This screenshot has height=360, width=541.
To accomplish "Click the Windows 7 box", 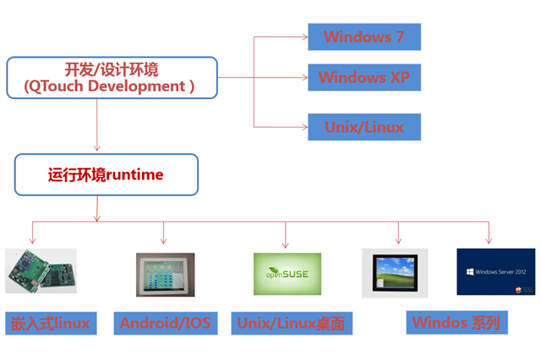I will (363, 36).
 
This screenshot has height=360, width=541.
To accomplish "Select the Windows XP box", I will (363, 78).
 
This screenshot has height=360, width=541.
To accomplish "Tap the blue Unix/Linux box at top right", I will (363, 128).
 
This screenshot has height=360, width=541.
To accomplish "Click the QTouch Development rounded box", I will (112, 77).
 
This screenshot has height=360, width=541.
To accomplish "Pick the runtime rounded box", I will (106, 174).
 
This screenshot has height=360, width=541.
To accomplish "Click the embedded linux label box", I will (50, 322).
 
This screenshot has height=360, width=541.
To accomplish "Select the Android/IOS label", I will (164, 322).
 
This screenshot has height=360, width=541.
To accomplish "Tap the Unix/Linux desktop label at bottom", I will (291, 323).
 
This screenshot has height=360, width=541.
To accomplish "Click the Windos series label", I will (456, 322).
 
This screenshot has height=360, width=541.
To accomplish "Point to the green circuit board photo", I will (41, 270).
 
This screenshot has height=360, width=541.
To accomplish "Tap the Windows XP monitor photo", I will (395, 272).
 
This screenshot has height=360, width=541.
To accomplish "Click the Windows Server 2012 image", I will (495, 271).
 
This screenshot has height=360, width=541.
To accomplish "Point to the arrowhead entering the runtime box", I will (97, 150).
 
